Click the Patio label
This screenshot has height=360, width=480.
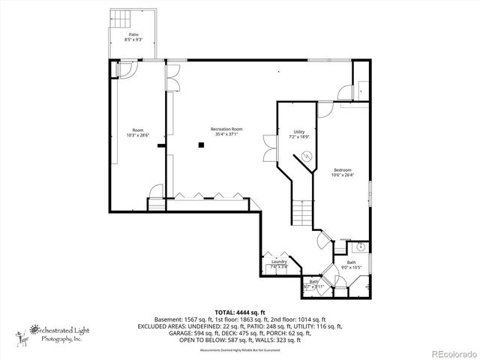[133, 34]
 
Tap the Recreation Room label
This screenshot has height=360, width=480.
[226, 129]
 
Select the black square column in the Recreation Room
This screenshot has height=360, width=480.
[201, 144]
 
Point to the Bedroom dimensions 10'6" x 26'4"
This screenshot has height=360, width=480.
[342, 175]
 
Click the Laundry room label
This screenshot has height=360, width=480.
[279, 261]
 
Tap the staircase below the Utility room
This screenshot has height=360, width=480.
[301, 213]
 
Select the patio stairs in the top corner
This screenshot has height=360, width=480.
[121, 17]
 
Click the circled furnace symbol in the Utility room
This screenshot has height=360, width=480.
[306, 156]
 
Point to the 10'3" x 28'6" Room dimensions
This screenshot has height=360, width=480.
[138, 135]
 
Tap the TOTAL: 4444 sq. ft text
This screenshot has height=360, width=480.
[239, 310]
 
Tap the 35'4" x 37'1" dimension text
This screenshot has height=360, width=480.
[226, 135]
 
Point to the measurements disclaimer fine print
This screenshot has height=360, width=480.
[239, 349]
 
